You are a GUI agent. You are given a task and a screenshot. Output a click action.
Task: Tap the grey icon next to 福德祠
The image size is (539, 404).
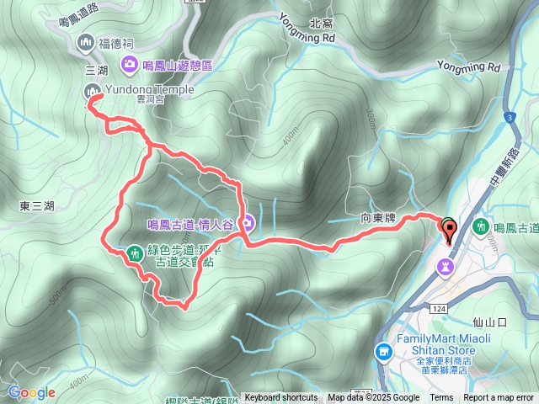(85, 42)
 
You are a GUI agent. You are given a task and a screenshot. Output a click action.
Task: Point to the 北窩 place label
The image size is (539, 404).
(345, 24)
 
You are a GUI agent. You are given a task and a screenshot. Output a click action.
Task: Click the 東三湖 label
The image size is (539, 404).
(36, 205)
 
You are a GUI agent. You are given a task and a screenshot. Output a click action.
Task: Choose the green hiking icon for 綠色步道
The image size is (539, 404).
(135, 252)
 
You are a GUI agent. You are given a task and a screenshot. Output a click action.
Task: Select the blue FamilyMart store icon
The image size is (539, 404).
(383, 350)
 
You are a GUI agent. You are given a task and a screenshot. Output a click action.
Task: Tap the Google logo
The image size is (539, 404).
(31, 392)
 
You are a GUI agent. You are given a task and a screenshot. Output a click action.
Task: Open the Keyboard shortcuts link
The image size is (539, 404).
(281, 397)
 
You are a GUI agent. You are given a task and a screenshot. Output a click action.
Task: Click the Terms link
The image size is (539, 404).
(441, 397)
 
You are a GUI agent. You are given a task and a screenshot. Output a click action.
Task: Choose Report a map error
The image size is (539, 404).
(499, 397)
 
